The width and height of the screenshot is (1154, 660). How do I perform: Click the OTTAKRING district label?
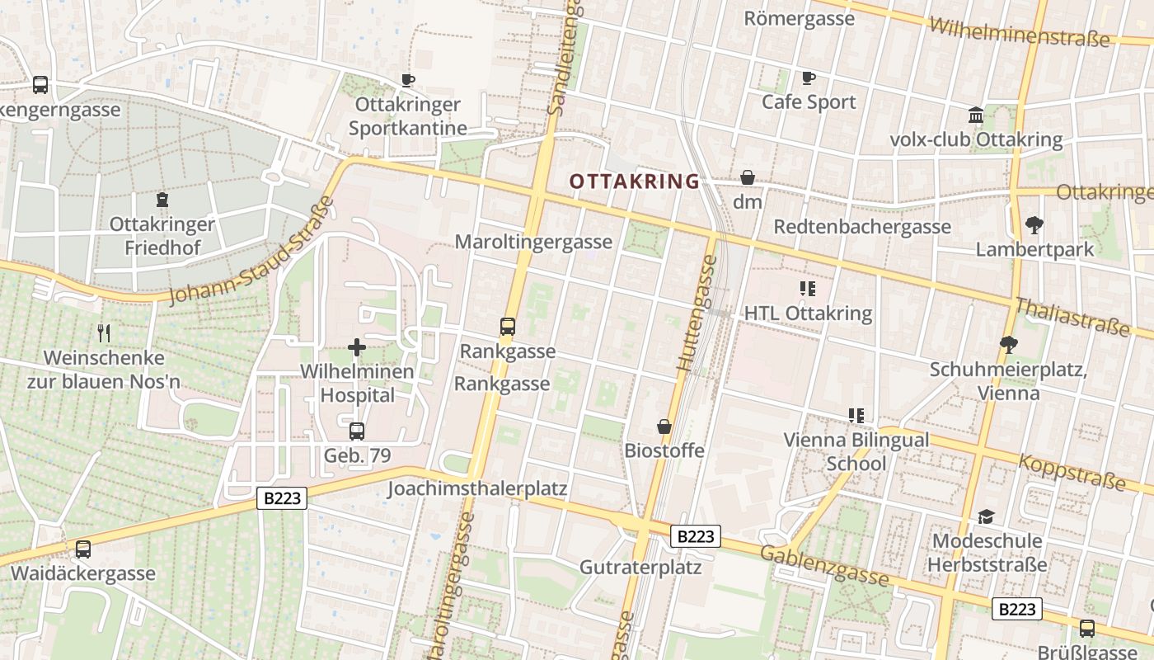(x=634, y=181)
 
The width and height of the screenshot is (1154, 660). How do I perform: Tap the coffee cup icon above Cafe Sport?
(x=809, y=78)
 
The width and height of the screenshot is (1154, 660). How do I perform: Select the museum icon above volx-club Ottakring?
(x=976, y=115)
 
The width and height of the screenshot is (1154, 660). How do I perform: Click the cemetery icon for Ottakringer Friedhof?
(x=162, y=199)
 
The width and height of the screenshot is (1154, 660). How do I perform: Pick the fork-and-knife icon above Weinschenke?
(x=104, y=333)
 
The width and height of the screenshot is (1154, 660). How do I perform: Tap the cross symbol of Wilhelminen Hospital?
(x=357, y=347)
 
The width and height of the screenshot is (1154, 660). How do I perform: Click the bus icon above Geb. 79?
(x=357, y=431)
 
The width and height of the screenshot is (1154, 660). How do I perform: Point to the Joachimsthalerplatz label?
(x=477, y=488)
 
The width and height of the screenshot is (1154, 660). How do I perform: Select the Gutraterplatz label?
(x=640, y=567)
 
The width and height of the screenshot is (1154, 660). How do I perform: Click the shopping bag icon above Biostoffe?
(x=664, y=427)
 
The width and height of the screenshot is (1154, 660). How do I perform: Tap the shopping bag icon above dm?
(x=748, y=177)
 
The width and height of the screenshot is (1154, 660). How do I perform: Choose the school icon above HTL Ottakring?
(x=808, y=289)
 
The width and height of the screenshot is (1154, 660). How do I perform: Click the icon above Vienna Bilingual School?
(x=856, y=415)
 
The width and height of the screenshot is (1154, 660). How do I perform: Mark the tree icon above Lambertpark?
(x=1034, y=224)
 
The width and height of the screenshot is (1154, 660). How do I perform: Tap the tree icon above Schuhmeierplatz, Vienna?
(x=1008, y=345)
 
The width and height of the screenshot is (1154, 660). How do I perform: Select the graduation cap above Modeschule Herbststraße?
(x=985, y=517)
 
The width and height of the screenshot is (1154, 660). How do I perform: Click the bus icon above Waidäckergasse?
(x=83, y=549)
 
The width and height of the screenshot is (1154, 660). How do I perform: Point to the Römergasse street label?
(x=799, y=18)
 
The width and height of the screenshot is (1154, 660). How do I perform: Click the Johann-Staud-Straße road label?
(x=251, y=251)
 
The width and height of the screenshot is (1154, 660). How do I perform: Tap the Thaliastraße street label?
(x=1072, y=317)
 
